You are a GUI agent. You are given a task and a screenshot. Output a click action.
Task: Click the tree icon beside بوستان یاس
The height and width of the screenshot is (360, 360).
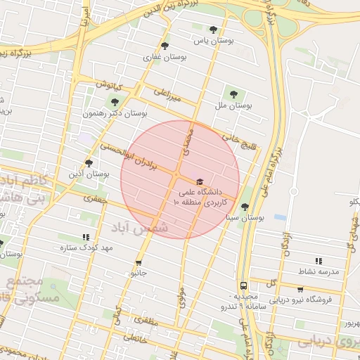click(213, 30)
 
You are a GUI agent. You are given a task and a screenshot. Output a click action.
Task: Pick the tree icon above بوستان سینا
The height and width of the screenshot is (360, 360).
click(244, 207)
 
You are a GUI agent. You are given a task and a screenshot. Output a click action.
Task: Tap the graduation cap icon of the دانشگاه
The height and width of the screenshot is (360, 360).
click(199, 181)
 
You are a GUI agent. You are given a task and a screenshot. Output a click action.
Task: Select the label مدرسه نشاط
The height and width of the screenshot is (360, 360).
click(319, 271)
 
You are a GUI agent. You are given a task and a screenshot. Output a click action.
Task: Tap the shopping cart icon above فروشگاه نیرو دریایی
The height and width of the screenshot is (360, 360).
click(301, 289)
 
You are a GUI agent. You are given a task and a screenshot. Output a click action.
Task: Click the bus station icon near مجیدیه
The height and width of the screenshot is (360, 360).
click(243, 285)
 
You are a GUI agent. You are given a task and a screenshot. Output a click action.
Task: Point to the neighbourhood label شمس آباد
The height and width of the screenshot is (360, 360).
click(141, 226)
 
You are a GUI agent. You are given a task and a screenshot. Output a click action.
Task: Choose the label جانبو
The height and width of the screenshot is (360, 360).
click(138, 272)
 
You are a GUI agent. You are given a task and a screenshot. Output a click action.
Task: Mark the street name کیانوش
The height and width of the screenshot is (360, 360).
click(109, 86)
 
